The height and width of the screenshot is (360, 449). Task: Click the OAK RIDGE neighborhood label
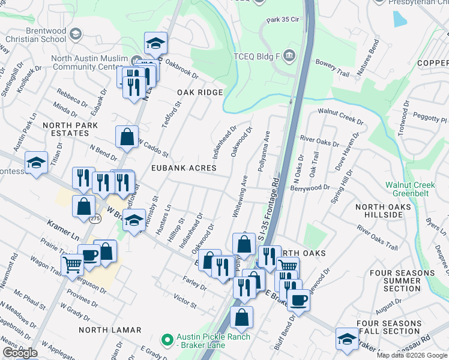[200, 92]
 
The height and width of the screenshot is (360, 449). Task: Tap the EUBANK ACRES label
[183, 169]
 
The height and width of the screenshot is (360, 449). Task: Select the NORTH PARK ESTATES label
[65, 129]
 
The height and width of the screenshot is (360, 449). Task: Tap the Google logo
[20, 353]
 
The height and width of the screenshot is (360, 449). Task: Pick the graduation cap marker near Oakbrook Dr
[155, 44]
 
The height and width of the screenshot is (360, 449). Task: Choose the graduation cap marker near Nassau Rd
[347, 340]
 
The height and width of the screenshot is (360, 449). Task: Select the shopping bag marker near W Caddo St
[127, 137]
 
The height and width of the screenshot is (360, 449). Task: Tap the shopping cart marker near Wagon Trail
[72, 263]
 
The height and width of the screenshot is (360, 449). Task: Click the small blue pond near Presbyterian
[399, 19]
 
